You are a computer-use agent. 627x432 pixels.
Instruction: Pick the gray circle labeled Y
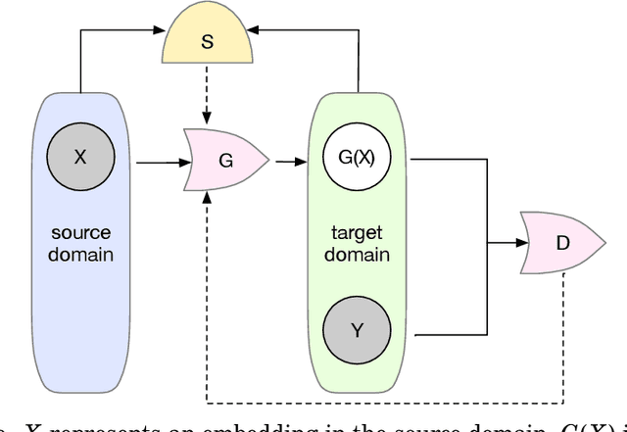click(357, 330)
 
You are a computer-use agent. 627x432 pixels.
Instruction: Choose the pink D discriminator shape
click(561, 241)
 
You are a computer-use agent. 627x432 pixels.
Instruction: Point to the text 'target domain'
click(357, 244)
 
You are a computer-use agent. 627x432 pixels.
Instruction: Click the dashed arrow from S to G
click(206, 98)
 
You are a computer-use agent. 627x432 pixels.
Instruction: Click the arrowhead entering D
click(517, 241)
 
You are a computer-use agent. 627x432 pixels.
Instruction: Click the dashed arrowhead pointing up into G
click(207, 197)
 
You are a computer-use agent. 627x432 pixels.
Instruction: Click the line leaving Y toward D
click(451, 336)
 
